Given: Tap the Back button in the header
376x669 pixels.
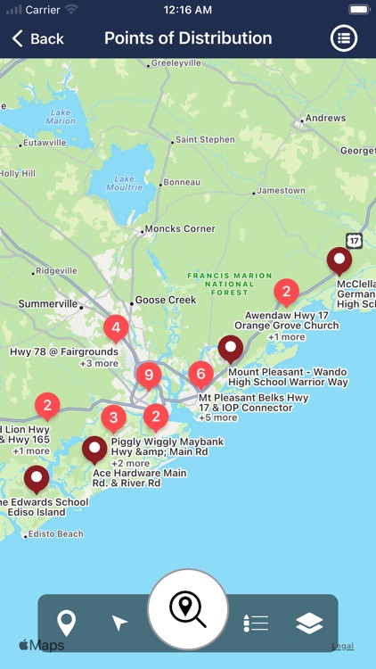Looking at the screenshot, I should (37, 38).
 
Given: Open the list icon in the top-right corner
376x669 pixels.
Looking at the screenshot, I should (344, 38).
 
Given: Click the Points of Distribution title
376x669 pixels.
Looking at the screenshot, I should (188, 38).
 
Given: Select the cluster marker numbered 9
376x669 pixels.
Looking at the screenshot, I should (148, 375).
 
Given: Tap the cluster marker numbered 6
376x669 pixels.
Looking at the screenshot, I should (201, 375).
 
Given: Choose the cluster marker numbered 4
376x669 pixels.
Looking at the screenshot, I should (115, 328).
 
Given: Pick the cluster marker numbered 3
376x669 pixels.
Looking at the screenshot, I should (113, 417).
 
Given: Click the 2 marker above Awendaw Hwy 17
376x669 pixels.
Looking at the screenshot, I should (286, 291).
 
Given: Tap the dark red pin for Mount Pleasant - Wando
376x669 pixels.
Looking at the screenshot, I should (231, 348).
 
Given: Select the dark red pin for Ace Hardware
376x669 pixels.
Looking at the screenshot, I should (94, 449).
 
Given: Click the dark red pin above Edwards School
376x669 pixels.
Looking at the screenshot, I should (37, 478).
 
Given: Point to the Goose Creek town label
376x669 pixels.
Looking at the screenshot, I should (165, 301).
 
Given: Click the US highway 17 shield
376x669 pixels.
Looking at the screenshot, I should (355, 241).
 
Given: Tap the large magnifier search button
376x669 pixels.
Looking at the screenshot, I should (188, 609).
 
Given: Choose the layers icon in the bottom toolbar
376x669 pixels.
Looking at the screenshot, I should (309, 623).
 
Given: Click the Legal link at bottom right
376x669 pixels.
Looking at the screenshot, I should (342, 646).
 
